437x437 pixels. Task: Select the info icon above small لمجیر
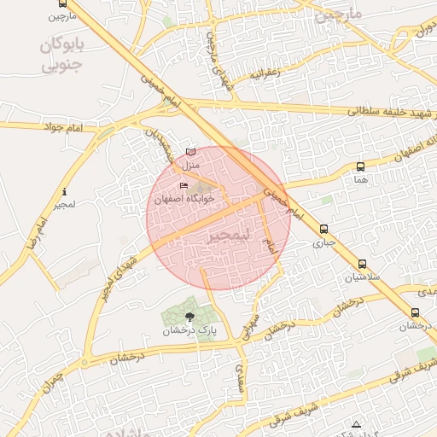[65, 192]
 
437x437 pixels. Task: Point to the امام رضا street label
[35, 231]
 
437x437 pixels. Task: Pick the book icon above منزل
[190, 152]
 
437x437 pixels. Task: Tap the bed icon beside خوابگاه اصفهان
[184, 186]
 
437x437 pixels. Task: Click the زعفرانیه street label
[265, 74]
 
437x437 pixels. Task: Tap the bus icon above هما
[360, 167]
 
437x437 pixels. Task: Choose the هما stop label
[360, 179]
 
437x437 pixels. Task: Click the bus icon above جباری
[323, 229]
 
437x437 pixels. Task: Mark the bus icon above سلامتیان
[363, 265]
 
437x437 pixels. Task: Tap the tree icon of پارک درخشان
[189, 317]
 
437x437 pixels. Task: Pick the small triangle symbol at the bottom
[356, 424]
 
